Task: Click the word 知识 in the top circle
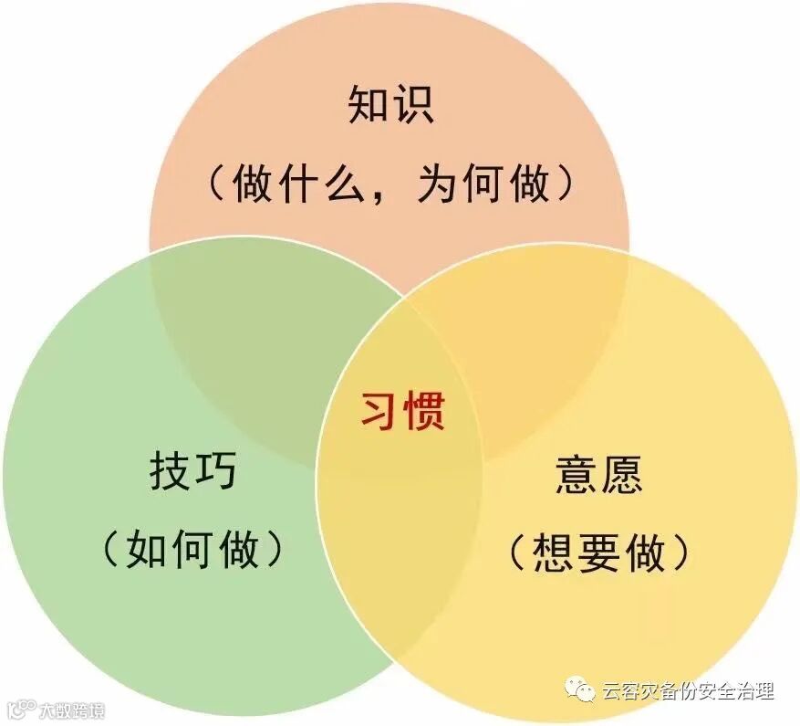point(390,107)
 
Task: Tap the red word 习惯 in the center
point(402,411)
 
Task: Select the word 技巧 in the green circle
point(192,472)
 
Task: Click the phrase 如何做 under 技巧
point(192,549)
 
